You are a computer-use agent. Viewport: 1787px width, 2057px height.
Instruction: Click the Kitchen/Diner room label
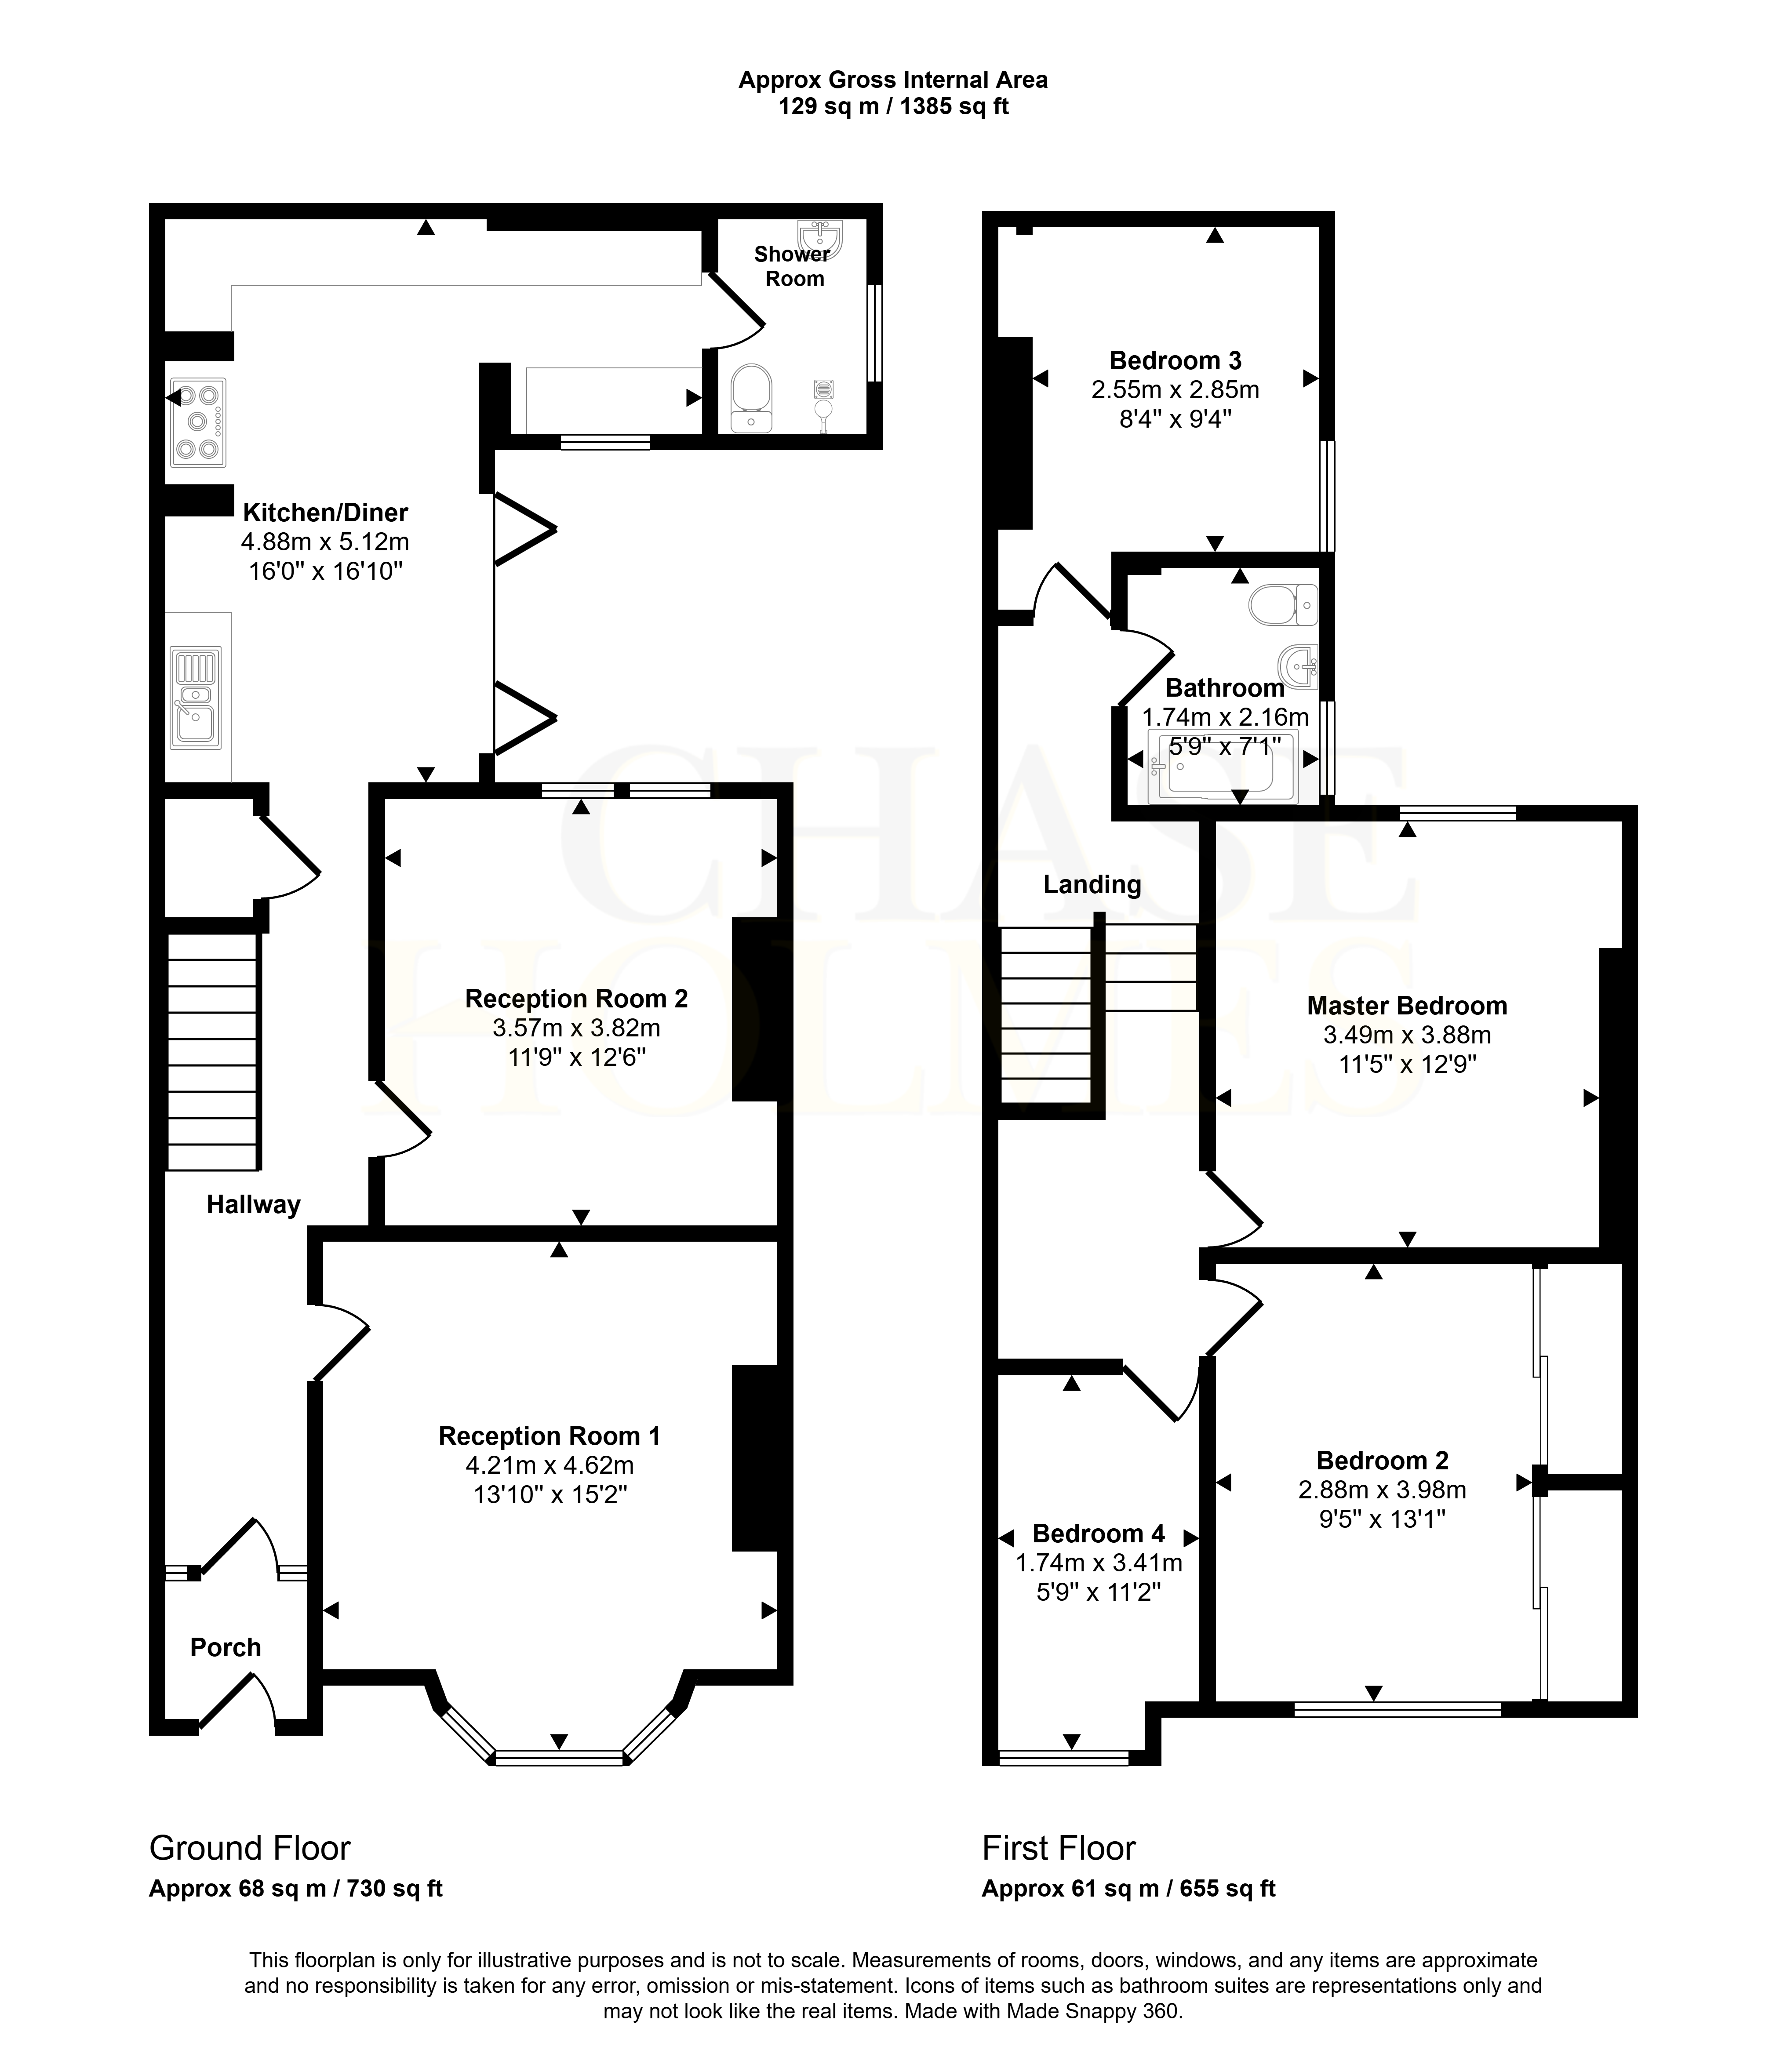(x=325, y=512)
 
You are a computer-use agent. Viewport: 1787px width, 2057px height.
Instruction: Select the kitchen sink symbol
(x=197, y=697)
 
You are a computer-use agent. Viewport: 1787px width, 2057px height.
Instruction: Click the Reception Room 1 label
(x=550, y=1436)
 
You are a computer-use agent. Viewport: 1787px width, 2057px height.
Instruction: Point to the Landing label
(x=1092, y=884)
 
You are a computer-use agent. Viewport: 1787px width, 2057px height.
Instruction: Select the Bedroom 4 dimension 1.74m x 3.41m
(x=1099, y=1563)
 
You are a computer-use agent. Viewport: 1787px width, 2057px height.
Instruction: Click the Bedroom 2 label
(x=1382, y=1461)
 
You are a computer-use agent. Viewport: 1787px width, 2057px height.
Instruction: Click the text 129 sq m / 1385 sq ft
(x=893, y=107)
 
